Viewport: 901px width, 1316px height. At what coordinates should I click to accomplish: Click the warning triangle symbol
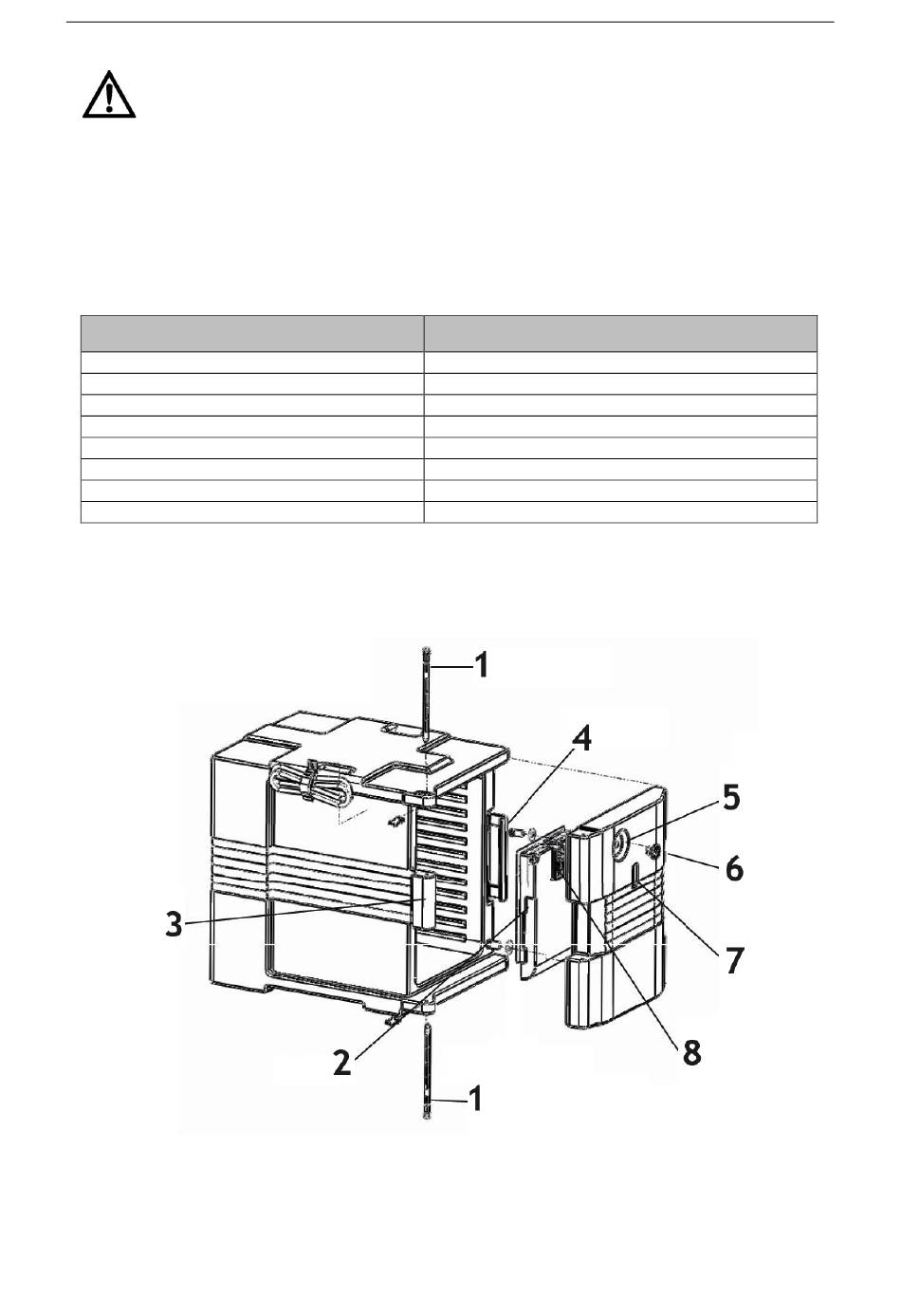(x=109, y=95)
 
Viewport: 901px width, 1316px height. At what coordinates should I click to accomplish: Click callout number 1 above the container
(x=481, y=666)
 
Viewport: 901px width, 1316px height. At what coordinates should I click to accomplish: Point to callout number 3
(x=174, y=925)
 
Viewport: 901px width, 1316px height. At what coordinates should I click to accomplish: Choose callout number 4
(x=581, y=738)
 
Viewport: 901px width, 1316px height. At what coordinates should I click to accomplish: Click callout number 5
(x=730, y=797)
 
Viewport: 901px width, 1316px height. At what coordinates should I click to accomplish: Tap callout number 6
(x=734, y=869)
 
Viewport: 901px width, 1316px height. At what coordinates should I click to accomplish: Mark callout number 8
(x=692, y=1052)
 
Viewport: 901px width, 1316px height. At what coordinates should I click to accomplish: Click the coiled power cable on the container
(x=311, y=783)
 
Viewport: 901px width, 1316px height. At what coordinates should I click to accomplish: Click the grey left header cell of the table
(x=252, y=333)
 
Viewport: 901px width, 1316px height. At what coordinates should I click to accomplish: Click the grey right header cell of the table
(x=620, y=333)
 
